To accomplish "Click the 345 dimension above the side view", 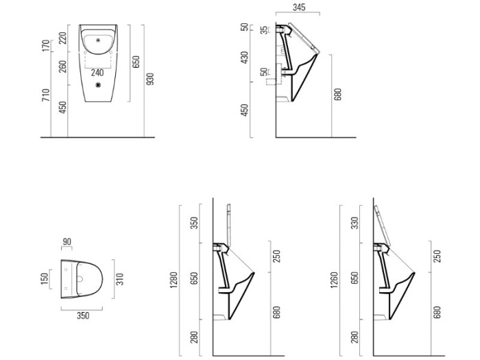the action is (299, 7).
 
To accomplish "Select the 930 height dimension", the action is (149, 79).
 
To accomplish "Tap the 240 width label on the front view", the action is (97, 73).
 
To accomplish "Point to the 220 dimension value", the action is (63, 38).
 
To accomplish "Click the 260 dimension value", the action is (63, 67).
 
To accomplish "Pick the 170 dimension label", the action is (46, 46).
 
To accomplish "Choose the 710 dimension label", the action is (46, 95).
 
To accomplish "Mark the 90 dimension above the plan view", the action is (67, 242).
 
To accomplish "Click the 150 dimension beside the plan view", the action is (45, 278).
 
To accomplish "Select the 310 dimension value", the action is (120, 279).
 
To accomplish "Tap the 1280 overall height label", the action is (173, 280).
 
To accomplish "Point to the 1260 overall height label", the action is (334, 280).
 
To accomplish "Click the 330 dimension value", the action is (355, 223).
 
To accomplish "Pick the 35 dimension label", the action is (263, 30).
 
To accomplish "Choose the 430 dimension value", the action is (245, 58).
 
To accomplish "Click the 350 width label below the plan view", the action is (83, 315).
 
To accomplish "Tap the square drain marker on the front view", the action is (98, 85).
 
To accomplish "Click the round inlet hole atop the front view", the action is (98, 40).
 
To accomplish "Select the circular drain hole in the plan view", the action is (80, 279).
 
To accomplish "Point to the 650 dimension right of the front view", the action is (136, 62).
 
